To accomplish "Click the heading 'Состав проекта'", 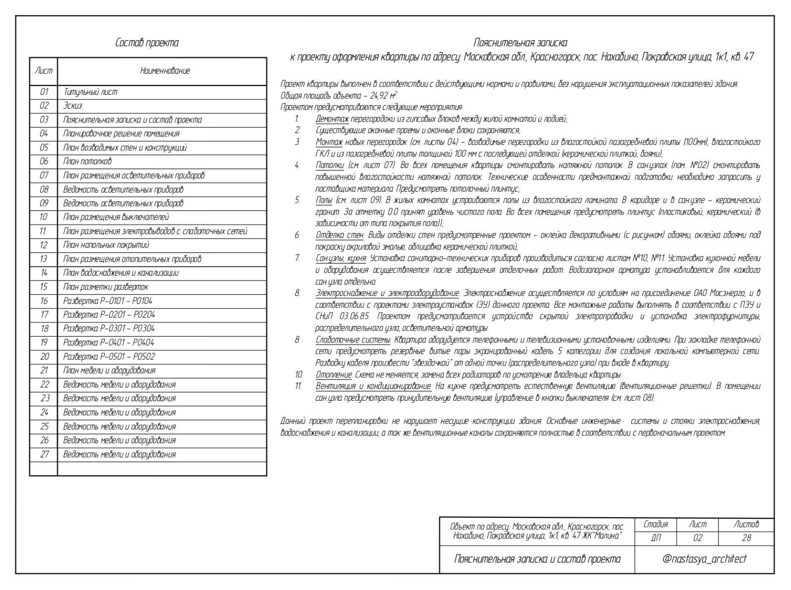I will click(x=147, y=43).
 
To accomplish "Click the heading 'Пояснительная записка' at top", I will click(x=520, y=43).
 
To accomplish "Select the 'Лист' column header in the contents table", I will click(x=44, y=71).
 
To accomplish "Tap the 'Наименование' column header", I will click(x=165, y=71).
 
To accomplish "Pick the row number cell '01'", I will click(x=44, y=92).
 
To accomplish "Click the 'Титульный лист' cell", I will click(x=90, y=92).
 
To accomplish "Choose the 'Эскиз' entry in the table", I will click(x=73, y=106).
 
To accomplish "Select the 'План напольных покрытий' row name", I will click(x=106, y=245).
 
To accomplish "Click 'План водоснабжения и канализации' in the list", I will click(x=121, y=273).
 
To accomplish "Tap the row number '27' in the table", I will click(x=44, y=455).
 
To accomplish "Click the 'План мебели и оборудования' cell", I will click(x=109, y=371).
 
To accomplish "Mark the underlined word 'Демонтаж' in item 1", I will click(x=332, y=119).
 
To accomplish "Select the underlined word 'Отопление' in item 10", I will click(x=334, y=375).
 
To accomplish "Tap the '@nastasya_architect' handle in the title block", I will click(x=704, y=559).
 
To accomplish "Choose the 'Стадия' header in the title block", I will click(x=656, y=524).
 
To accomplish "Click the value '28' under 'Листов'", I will click(x=746, y=538).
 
